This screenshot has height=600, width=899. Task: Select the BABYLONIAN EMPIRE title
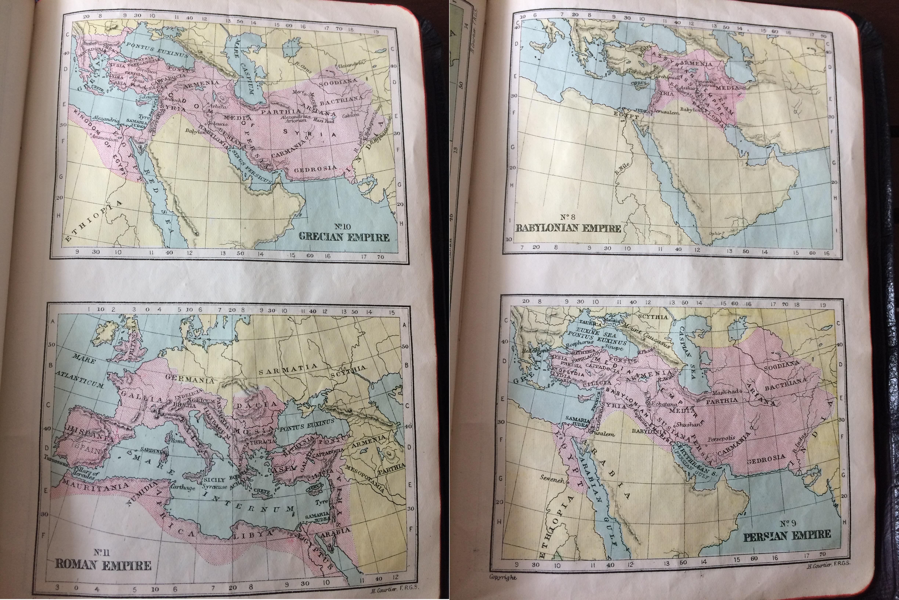(568, 228)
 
